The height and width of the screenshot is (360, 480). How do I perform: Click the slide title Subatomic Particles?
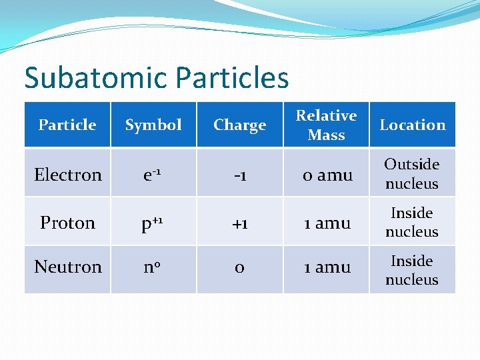[x=157, y=78]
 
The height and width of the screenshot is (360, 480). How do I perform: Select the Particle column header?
[x=67, y=125]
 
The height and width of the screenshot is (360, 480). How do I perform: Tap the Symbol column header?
[x=153, y=125]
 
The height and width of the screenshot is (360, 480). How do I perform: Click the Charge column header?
[x=240, y=125]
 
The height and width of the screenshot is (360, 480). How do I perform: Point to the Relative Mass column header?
[x=326, y=125]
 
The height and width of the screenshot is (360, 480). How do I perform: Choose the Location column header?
[x=413, y=125]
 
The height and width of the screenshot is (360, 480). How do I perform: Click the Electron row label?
[x=68, y=175]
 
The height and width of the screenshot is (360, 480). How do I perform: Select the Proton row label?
[x=68, y=223]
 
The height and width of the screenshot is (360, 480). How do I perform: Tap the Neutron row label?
[x=68, y=267]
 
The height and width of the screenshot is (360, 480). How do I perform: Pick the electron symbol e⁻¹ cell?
[x=153, y=175]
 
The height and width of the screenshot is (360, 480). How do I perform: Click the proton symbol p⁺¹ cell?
[x=153, y=223]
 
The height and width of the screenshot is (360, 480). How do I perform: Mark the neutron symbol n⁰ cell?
[x=153, y=267]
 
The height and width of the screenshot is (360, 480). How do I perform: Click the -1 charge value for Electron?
[x=240, y=175]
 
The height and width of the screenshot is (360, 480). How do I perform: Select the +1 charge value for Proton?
[x=240, y=223]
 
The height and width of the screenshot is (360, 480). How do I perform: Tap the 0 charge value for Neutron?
[x=240, y=267]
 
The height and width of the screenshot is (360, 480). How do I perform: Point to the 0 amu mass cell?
[x=327, y=175]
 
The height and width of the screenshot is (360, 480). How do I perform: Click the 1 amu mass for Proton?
[x=327, y=223]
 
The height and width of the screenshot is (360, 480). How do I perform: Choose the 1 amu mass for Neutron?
[x=327, y=267]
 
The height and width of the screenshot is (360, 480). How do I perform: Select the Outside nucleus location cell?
[x=412, y=173]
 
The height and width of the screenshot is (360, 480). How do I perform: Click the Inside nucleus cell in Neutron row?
[x=412, y=270]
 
